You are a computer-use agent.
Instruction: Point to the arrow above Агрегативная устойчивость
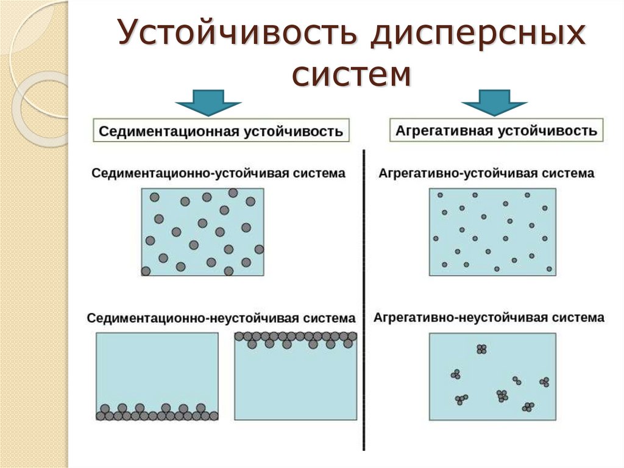494,102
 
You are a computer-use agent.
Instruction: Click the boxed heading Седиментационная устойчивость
221,131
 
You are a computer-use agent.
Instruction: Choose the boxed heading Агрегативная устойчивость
496,131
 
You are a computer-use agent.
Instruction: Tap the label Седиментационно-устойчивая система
218,173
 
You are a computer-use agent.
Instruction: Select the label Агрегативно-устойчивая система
486,173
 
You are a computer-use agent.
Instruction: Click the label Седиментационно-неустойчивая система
221,319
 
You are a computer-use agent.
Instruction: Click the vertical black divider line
364,299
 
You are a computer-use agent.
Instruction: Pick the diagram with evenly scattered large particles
203,232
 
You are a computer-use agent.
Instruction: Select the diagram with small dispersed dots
492,232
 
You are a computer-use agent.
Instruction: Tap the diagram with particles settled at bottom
157,376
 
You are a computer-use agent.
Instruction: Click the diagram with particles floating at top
296,376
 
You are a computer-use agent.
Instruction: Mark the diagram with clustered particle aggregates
492,376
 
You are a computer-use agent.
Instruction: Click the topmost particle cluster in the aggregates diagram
481,349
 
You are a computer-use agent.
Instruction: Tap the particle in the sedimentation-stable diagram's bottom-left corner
146,271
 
